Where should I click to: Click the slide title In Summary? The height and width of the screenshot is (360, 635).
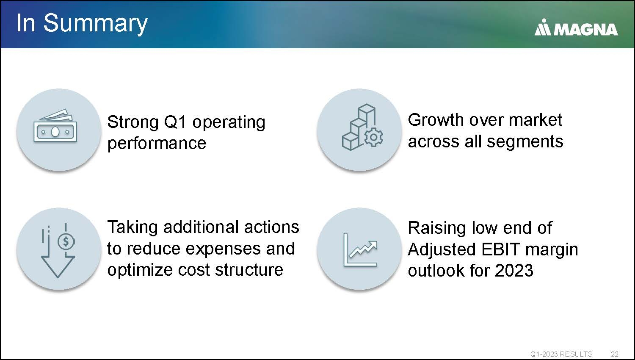pos(82,24)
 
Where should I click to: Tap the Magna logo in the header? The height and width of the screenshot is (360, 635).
pos(576,28)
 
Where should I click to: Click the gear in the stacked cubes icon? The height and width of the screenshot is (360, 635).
pos(374,137)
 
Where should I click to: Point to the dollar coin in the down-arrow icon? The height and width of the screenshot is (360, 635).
pos(66,242)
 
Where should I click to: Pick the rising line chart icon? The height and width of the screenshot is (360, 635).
pos(360,249)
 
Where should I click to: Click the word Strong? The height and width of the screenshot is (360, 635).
pos(133,122)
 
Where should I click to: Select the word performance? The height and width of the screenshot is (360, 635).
pos(157,143)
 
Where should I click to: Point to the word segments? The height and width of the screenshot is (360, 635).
pos(525,141)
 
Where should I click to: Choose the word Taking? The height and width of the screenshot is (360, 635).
pos(133,227)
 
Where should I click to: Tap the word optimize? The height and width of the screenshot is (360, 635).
pos(140,270)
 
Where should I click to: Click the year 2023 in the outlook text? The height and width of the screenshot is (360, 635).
pos(514,270)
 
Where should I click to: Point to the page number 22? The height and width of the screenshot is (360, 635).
pos(614,354)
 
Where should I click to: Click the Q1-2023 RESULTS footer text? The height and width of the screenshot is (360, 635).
pos(561,354)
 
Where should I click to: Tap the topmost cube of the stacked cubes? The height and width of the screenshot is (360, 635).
pos(367,109)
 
